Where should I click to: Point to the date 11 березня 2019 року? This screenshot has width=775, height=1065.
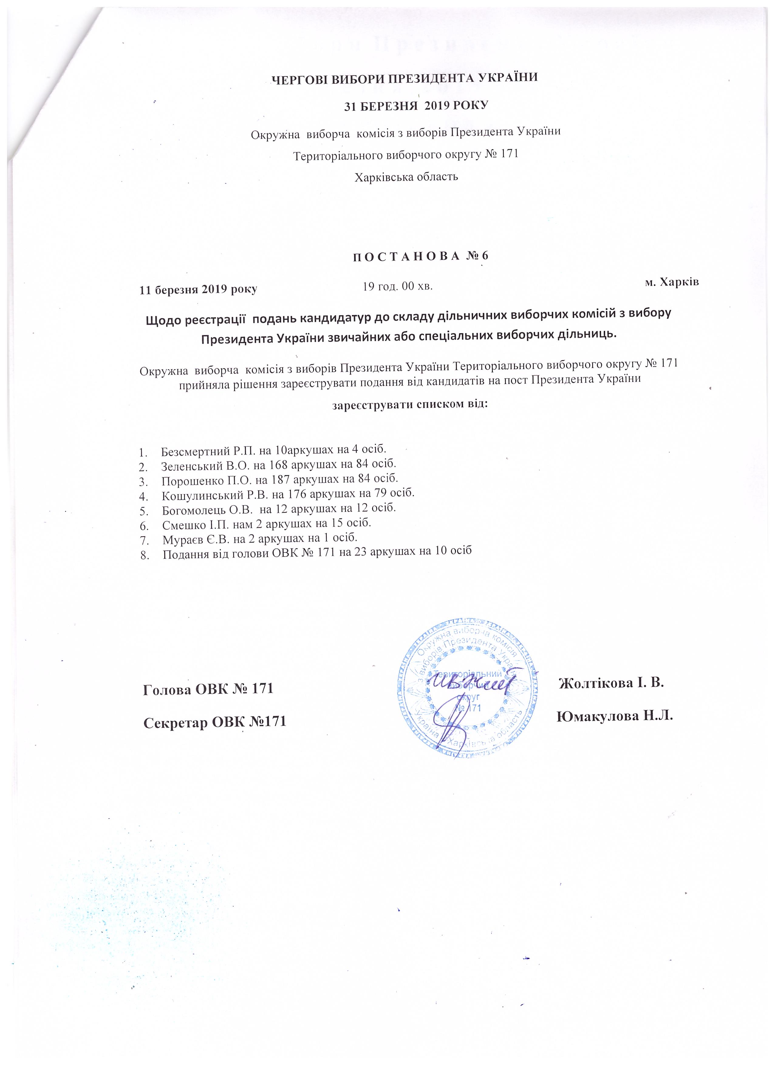[x=199, y=289]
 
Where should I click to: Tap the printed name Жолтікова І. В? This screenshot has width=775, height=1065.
[x=611, y=683]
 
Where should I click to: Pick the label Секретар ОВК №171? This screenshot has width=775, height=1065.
[x=215, y=722]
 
